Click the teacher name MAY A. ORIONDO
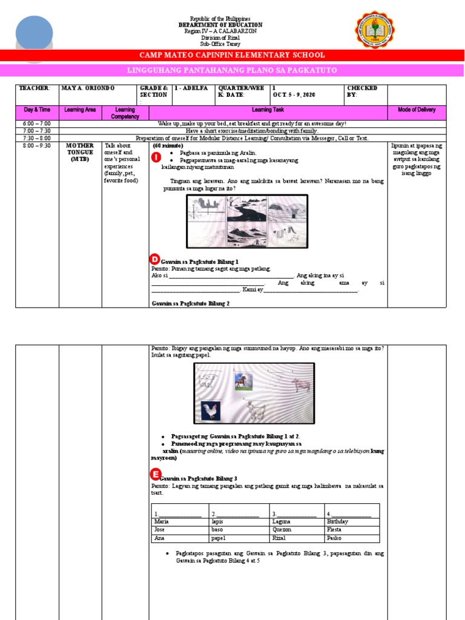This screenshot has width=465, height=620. click(x=88, y=88)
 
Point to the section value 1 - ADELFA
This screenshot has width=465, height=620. click(x=191, y=88)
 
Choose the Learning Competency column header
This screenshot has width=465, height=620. click(x=125, y=113)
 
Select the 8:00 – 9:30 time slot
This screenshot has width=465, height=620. click(x=37, y=146)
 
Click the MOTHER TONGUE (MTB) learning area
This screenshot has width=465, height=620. click(x=80, y=153)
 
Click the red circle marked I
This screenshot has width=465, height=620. click(x=156, y=157)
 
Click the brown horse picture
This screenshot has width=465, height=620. click(x=242, y=381)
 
